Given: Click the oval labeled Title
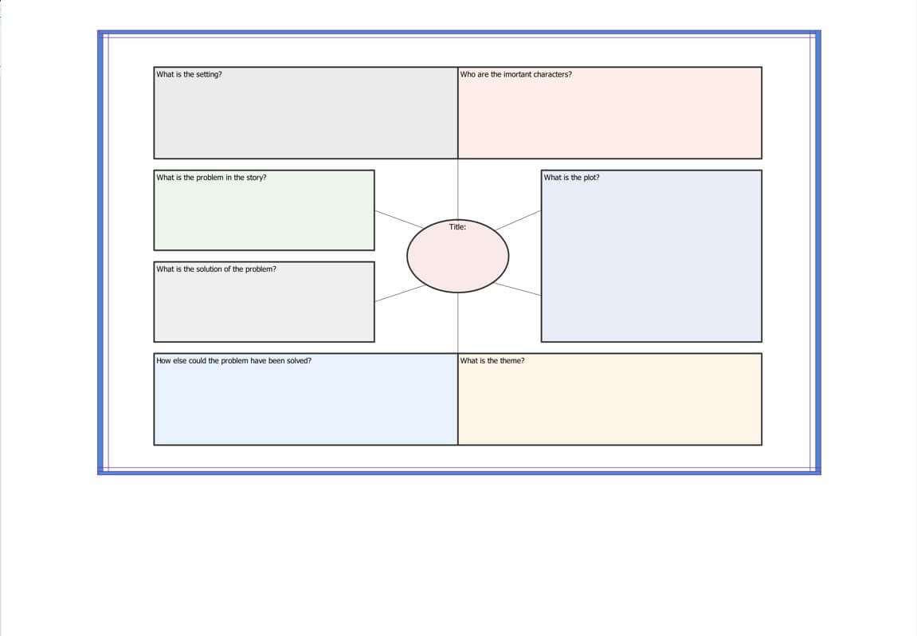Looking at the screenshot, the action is click(x=457, y=257).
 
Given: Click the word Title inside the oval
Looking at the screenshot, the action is click(x=457, y=227).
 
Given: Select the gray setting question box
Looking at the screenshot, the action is click(x=306, y=113).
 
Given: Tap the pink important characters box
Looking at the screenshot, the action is click(x=610, y=113).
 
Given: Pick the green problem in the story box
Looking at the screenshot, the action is click(x=264, y=210).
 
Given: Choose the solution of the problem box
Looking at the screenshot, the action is click(x=264, y=302).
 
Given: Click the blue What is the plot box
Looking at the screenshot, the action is click(x=652, y=257).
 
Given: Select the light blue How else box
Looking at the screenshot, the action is click(x=306, y=399).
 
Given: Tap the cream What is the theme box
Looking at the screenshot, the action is click(x=610, y=399).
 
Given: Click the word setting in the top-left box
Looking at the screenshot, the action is click(x=209, y=74).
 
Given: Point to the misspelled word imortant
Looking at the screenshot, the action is click(x=517, y=74).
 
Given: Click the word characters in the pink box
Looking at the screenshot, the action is click(x=553, y=74).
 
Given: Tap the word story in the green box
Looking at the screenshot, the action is click(x=257, y=177).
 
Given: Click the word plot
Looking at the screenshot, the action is click(x=591, y=177).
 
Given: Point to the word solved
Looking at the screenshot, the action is click(x=299, y=361).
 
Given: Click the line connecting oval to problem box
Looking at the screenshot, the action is click(x=398, y=219).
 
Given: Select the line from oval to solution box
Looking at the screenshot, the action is click(x=400, y=293).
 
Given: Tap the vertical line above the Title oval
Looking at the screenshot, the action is click(x=458, y=189).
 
